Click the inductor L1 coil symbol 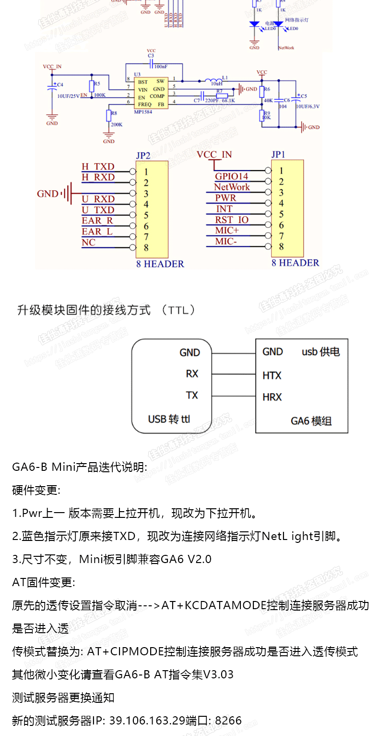pos(214,80)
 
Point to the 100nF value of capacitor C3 pos(161,66)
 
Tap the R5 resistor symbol pos(92,86)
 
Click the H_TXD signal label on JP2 pos(98,167)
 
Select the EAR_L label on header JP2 pos(97,232)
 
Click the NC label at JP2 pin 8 pos(89,243)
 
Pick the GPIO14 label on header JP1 pos(231,177)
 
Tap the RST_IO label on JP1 pos(232,220)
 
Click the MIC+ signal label pos(226,231)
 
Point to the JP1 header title pos(278,155)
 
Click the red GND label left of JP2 pos(47,194)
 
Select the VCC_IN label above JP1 pos(214,155)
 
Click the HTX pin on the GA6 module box pos(272,375)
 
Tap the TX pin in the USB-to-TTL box pos(192,395)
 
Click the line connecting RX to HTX pos(233,375)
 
